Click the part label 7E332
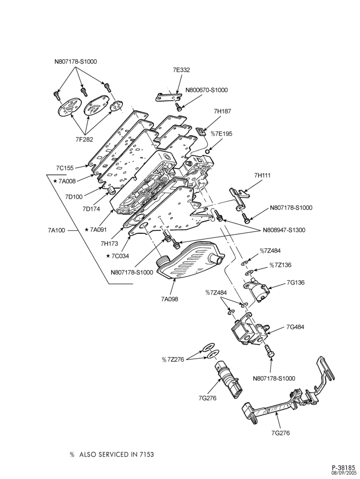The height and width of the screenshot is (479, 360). click(181, 70)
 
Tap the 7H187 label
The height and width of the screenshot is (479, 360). click(223, 111)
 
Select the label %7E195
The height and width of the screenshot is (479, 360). click(221, 134)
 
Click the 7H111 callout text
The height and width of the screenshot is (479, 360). click(262, 176)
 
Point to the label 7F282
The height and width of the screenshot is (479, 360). click(84, 139)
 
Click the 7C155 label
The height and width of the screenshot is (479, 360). click(65, 168)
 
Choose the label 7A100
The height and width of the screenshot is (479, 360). click(56, 230)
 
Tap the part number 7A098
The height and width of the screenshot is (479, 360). click(169, 299)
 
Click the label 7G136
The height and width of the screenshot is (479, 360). click(295, 283)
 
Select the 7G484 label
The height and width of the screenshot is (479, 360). click(295, 327)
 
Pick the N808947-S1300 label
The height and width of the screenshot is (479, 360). click(284, 230)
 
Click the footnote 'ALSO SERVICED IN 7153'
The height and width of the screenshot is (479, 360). click(117, 455)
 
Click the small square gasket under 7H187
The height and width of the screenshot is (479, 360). click(201, 131)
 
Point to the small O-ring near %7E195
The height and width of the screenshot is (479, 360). click(208, 151)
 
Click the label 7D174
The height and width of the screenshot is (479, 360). click(91, 209)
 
